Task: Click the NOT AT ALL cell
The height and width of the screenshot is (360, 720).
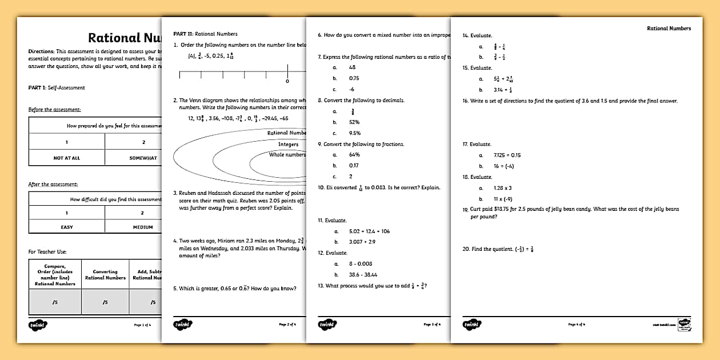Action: pyautogui.click(x=66, y=158)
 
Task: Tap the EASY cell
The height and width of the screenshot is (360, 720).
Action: pyautogui.click(x=67, y=227)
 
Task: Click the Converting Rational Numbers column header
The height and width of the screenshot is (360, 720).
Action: pyautogui.click(x=105, y=274)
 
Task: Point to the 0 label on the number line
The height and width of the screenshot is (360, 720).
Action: pyautogui.click(x=287, y=81)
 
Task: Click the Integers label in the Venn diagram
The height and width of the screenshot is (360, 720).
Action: pyautogui.click(x=288, y=144)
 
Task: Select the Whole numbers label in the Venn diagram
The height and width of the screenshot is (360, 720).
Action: pyautogui.click(x=287, y=154)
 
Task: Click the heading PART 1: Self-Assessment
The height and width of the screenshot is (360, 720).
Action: pyautogui.click(x=57, y=87)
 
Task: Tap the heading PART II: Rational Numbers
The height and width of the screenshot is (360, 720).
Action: pyautogui.click(x=205, y=34)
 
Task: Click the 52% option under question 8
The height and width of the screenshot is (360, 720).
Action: pyautogui.click(x=354, y=122)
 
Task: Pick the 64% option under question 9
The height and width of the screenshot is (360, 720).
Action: pyautogui.click(x=354, y=155)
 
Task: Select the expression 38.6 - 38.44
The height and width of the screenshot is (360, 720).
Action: pyautogui.click(x=363, y=275)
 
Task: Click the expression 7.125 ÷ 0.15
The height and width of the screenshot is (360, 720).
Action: pyautogui.click(x=507, y=155)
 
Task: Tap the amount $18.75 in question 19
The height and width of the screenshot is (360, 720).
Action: pyautogui.click(x=501, y=209)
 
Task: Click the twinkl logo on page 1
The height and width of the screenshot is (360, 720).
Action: pyautogui.click(x=38, y=325)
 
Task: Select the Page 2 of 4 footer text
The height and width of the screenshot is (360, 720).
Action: pyautogui.click(x=287, y=325)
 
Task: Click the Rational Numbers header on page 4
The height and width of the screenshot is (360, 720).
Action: pyautogui.click(x=669, y=28)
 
